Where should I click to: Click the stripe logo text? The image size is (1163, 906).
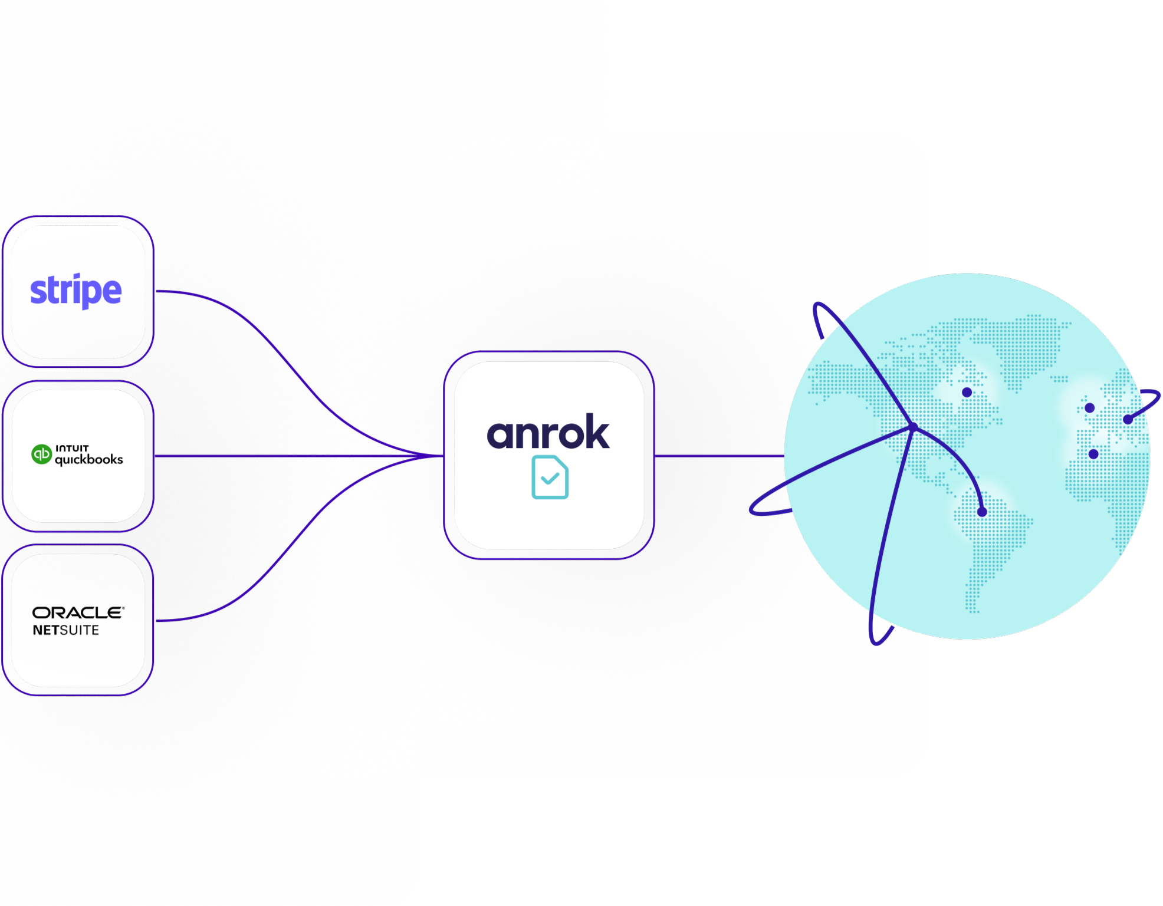[75, 291]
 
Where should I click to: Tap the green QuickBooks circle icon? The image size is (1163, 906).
[41, 454]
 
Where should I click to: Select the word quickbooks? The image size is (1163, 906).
[88, 460]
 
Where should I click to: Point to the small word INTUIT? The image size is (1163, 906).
[72, 448]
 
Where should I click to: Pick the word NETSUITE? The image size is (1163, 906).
[66, 630]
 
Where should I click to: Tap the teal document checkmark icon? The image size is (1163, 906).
[550, 477]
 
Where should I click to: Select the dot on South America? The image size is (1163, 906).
[982, 512]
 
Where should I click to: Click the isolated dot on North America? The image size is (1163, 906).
[967, 392]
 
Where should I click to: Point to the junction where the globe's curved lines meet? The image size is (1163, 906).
[913, 427]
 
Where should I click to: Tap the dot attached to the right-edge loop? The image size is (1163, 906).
[1128, 419]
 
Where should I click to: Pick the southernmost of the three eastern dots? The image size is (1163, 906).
[1093, 454]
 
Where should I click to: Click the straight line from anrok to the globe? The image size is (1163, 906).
[720, 456]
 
